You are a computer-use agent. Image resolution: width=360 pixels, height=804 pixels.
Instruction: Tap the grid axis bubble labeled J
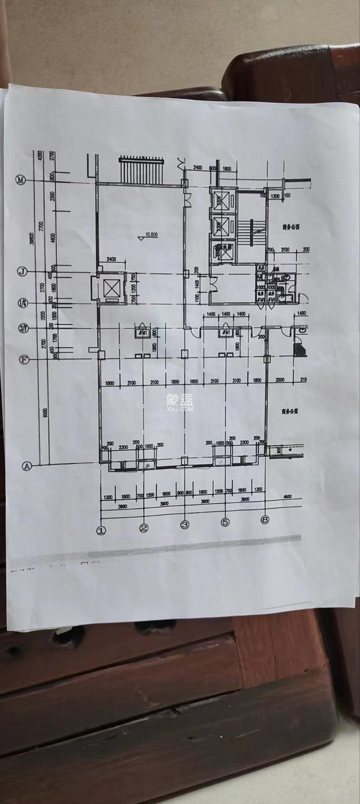(x=22, y=272)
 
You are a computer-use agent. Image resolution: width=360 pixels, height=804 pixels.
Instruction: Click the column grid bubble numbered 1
(x=101, y=530)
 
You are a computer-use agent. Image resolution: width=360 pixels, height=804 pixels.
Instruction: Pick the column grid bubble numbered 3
(x=185, y=524)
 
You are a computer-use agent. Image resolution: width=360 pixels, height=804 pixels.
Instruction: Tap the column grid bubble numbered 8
(x=265, y=520)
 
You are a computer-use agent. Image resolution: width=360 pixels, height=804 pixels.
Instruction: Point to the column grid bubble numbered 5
(x=225, y=522)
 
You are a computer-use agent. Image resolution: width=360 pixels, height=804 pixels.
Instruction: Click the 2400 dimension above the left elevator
(x=112, y=259)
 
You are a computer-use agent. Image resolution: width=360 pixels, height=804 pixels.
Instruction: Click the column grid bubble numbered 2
(x=144, y=528)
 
